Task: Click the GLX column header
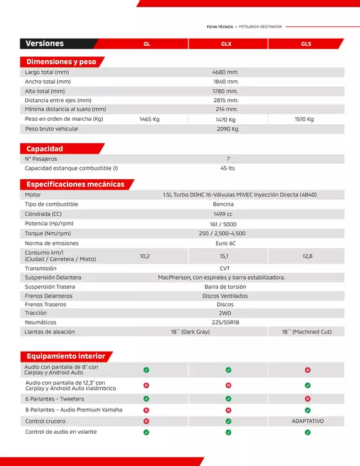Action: click(x=226, y=44)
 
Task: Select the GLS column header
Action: click(x=306, y=44)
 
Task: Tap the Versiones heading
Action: click(x=44, y=44)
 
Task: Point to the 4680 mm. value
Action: click(x=226, y=73)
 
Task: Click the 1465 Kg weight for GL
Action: click(x=149, y=120)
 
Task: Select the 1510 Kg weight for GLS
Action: click(x=304, y=119)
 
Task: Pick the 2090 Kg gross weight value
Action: click(x=227, y=129)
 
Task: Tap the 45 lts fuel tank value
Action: click(x=227, y=168)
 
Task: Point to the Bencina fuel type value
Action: click(x=226, y=204)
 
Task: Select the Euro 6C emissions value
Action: click(x=226, y=243)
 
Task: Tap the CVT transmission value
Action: click(x=225, y=269)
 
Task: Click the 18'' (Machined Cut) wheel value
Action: click(x=306, y=332)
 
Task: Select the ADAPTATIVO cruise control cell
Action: click(x=307, y=421)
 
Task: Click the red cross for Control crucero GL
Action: click(x=146, y=421)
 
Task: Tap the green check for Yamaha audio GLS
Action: click(x=307, y=409)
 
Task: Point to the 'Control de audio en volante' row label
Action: click(x=60, y=432)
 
